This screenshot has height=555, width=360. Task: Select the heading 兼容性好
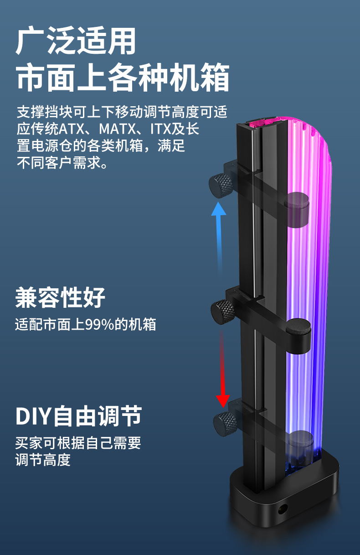tap(60, 298)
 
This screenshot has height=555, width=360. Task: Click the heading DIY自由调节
tap(78, 416)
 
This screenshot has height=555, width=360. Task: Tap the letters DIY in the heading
tap(34, 416)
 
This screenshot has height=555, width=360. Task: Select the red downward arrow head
tap(223, 400)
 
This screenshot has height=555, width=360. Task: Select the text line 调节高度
tap(43, 459)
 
